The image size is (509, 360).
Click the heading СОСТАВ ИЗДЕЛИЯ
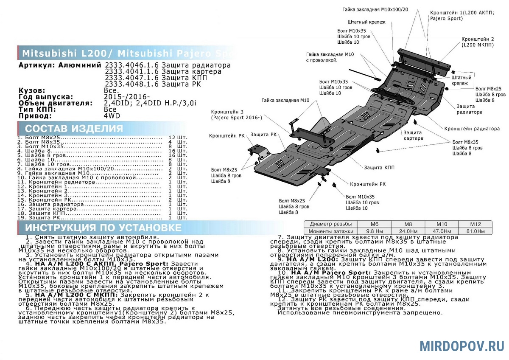pos(74,129)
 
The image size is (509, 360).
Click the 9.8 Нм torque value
pos(375,231)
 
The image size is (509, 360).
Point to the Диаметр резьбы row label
pos(330,224)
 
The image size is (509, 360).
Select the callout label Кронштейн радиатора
pos(472,129)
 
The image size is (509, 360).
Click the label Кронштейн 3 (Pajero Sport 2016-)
pos(236,114)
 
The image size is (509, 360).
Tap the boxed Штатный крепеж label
pos(461,81)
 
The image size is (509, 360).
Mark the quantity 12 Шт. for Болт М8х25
pos(177,138)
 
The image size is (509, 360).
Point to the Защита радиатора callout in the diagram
pos(469,109)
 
